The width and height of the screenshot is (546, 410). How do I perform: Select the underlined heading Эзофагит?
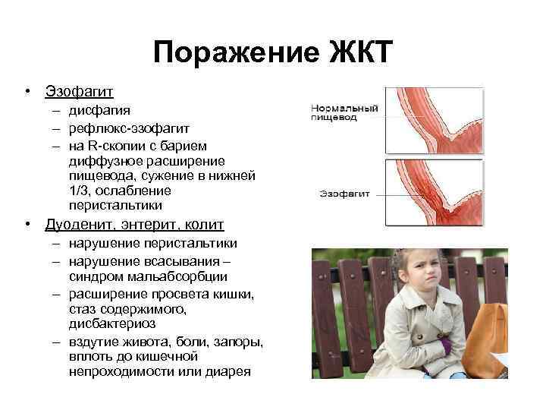click(79, 92)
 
